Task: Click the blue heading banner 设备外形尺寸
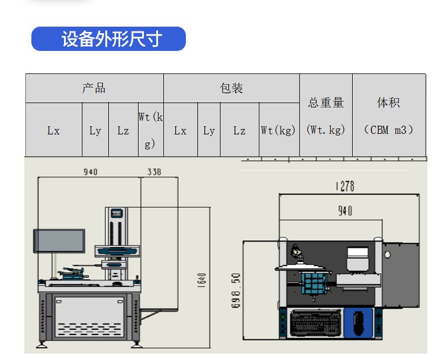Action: coord(108,39)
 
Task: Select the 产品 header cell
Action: coord(94,88)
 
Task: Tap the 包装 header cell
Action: coord(231,88)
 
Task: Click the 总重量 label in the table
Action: coord(326,102)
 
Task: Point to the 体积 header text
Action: coord(388,102)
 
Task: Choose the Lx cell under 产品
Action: coord(53,130)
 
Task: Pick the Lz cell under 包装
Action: coord(239,130)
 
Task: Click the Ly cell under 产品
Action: coord(95,130)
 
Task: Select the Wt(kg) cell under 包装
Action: coord(278,130)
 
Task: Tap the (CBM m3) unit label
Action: coord(388,130)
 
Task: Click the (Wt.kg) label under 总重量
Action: coord(326,130)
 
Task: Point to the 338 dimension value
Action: coord(154,172)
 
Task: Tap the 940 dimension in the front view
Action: coord(90,172)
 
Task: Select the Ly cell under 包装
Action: coord(209,130)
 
